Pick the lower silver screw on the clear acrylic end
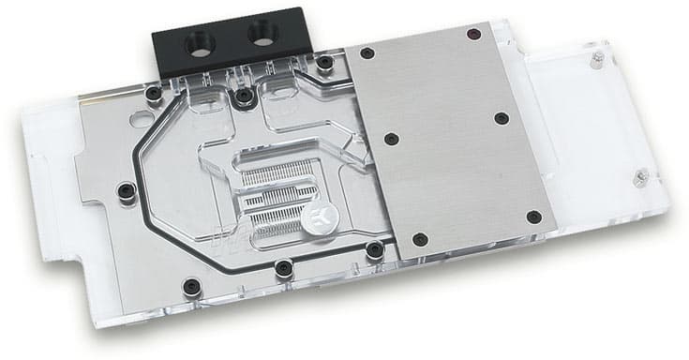(x=640, y=174)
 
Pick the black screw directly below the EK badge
(x=374, y=248)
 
